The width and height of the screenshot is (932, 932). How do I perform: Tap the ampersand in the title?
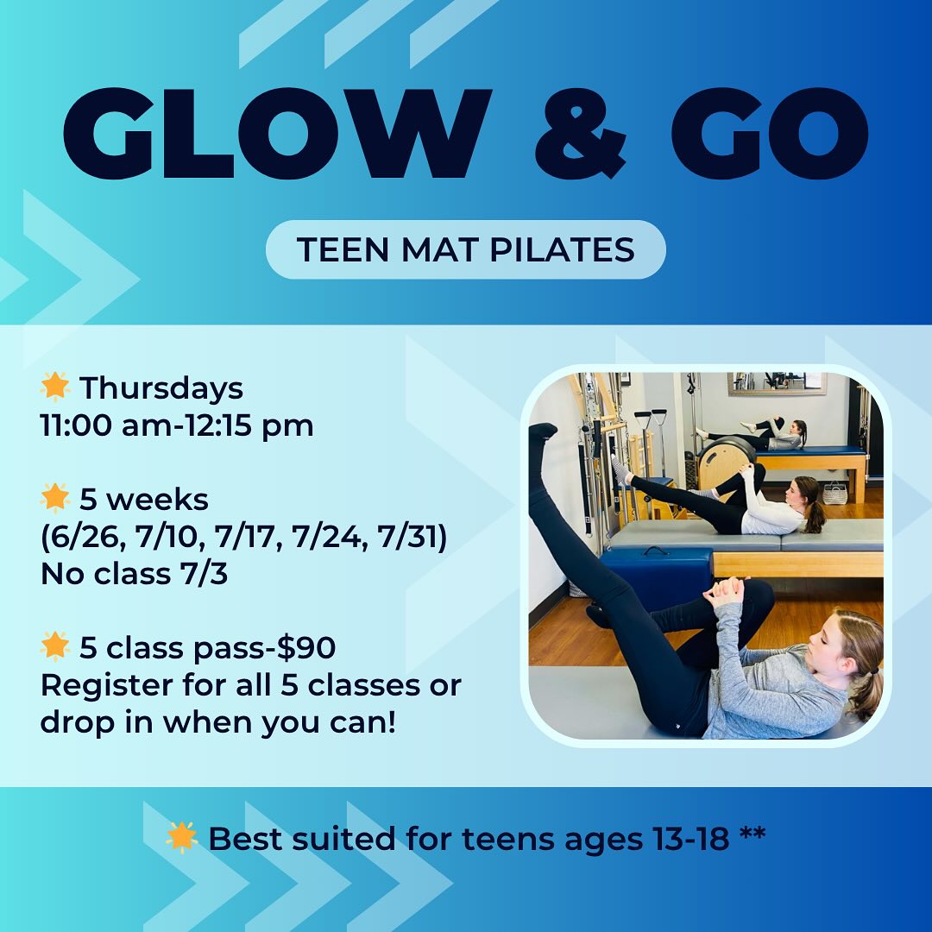pos(580,133)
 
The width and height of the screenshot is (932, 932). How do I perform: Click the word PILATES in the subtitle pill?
pos(562,249)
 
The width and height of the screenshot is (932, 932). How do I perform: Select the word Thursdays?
pos(161,388)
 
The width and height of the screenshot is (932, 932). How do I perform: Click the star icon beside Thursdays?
pos(54,387)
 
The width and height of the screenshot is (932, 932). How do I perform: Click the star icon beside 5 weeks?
pos(54,498)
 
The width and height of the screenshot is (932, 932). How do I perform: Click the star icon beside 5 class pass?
pos(54,646)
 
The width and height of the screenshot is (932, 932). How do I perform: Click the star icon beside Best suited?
pos(181,837)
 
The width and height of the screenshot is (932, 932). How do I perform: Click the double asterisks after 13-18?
pos(753,834)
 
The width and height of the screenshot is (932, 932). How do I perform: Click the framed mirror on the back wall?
pos(777,383)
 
